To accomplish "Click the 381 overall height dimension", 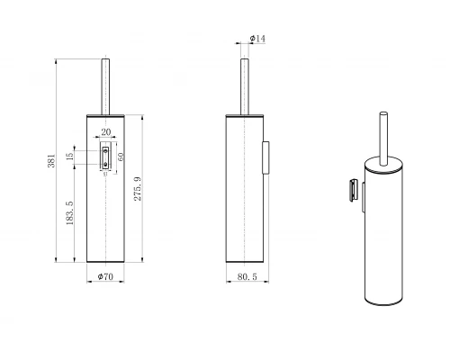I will pos(52,161).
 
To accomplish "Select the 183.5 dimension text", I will pos(70,216).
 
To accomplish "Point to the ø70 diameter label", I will pos(104,277).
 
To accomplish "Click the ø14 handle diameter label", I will pos(256,39).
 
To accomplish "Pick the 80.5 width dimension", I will pos(245,277).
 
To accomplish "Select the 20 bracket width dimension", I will pos(105,132).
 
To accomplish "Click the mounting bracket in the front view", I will pos(105,157).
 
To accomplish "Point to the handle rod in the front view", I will pos(105,86).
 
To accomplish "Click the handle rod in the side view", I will pos(244,86).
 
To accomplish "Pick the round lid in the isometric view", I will pos(382,166).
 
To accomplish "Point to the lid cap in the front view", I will pos(105,114).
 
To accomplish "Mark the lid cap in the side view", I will pos(243,114).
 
